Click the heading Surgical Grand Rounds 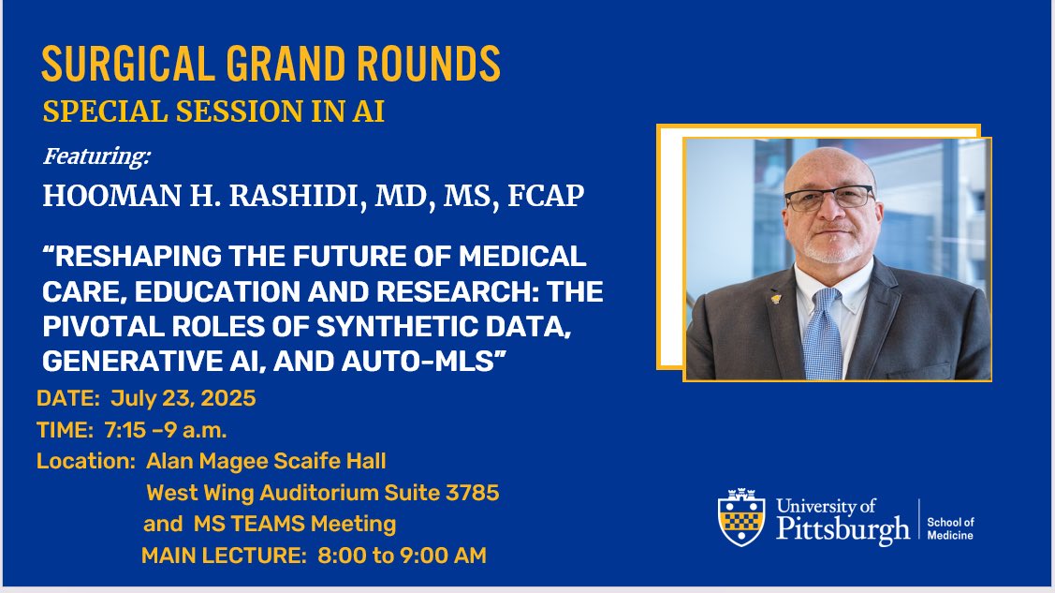(x=271, y=65)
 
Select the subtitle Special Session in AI (x=213, y=111)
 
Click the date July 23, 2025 (x=183, y=398)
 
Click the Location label (x=81, y=461)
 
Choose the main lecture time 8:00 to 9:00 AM (x=402, y=555)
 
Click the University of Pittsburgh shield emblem (x=742, y=517)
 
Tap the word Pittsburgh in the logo (x=842, y=529)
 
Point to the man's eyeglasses (x=828, y=198)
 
